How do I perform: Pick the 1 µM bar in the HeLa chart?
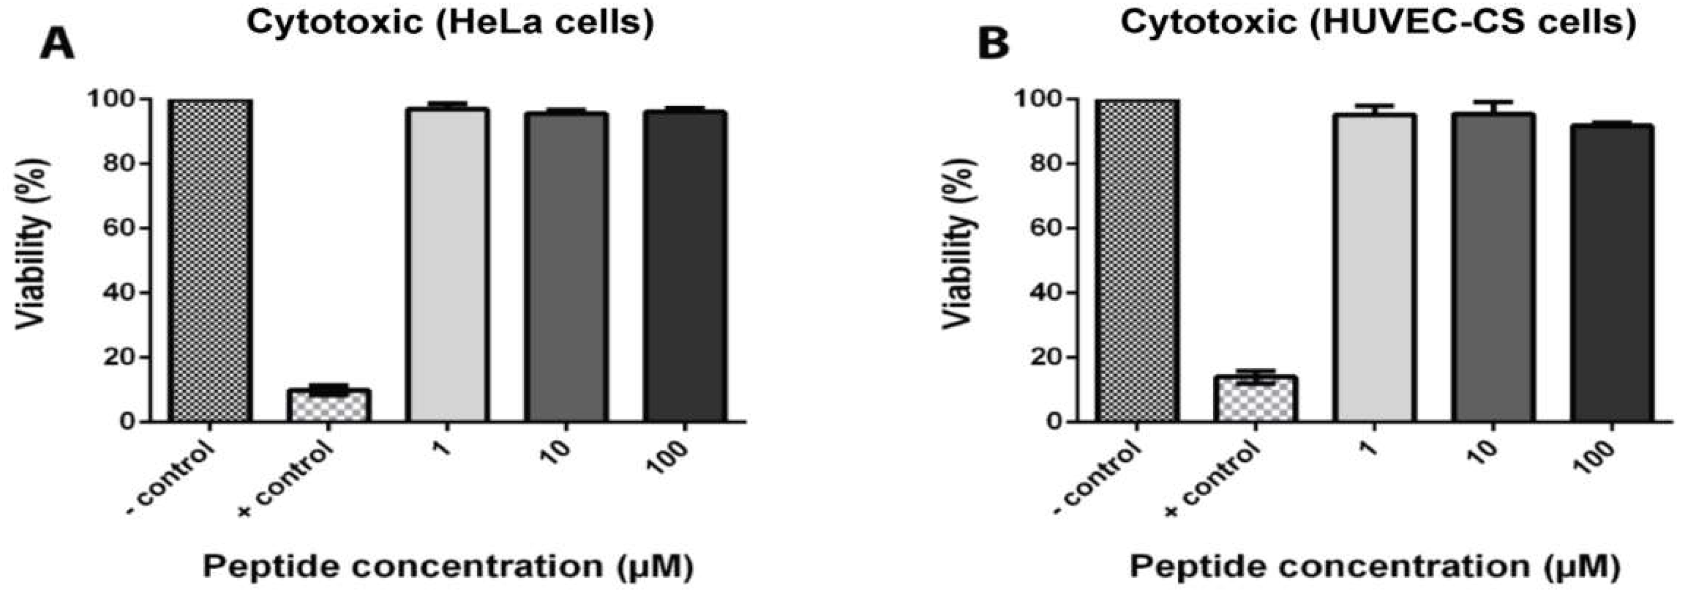[x=447, y=264]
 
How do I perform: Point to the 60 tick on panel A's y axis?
[x=120, y=228]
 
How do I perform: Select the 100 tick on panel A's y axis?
[x=112, y=99]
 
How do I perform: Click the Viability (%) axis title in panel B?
[x=959, y=243]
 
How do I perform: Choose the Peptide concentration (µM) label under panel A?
[x=447, y=567]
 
